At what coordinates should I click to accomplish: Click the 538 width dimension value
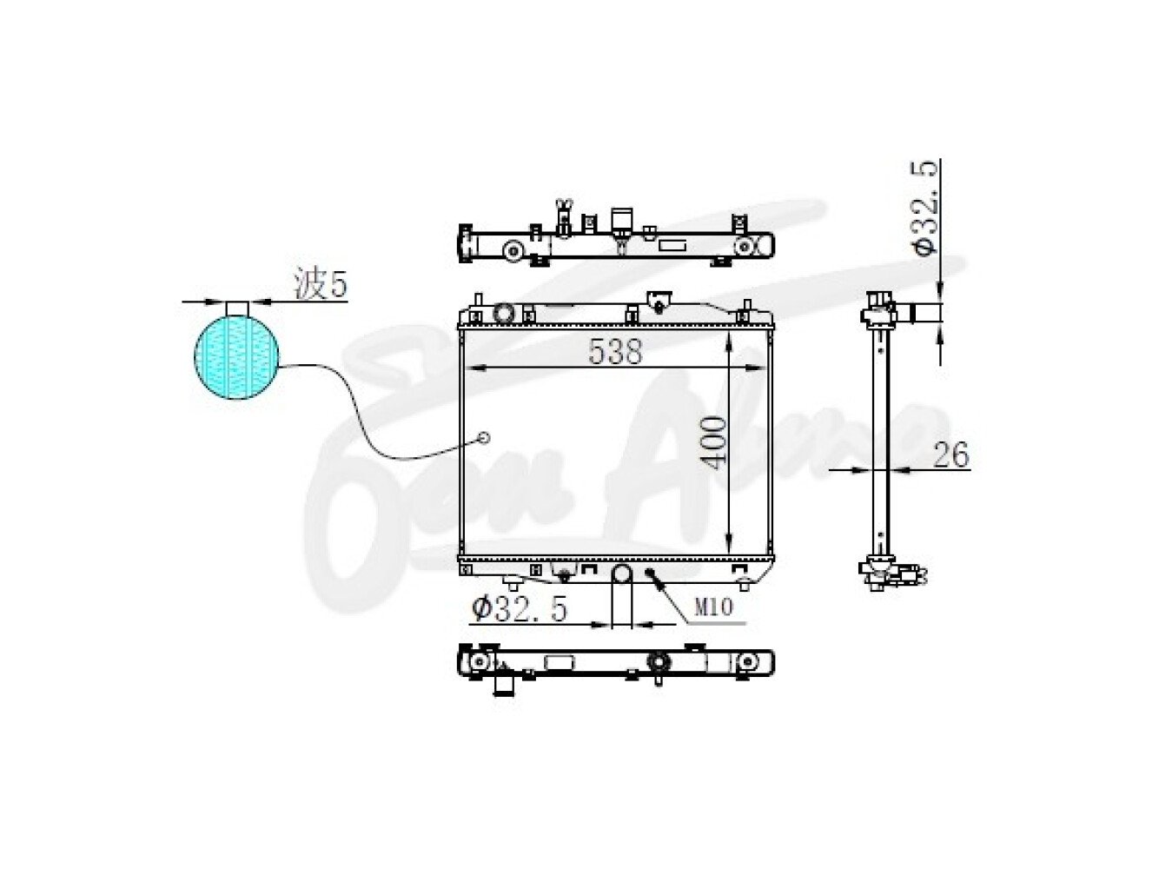pyautogui.click(x=615, y=351)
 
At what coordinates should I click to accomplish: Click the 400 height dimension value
pyautogui.click(x=712, y=442)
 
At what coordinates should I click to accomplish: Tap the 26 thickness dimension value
pyautogui.click(x=951, y=454)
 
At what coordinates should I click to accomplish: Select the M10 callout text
pyautogui.click(x=713, y=607)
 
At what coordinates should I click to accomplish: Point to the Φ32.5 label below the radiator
pyautogui.click(x=520, y=610)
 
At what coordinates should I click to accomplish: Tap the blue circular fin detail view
pyautogui.click(x=236, y=358)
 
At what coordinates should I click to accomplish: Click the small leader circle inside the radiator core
pyautogui.click(x=483, y=437)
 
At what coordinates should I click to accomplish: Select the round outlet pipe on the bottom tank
pyautogui.click(x=621, y=574)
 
